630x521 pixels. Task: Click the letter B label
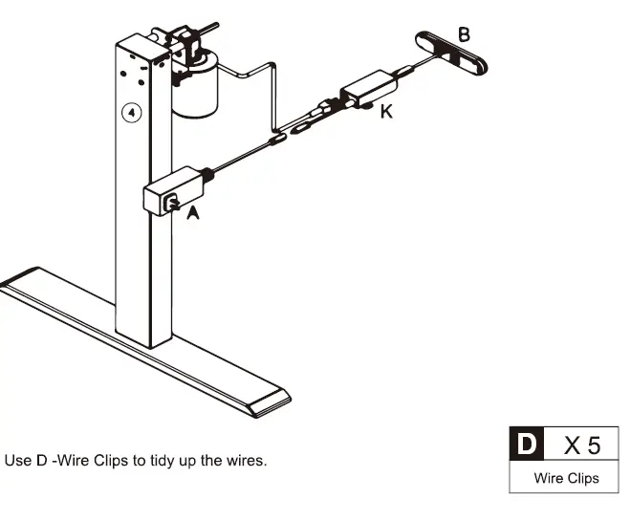pos(464,34)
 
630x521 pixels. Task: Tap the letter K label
pos(386,111)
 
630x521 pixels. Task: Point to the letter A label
pos(193,213)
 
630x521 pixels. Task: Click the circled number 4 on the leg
pos(132,113)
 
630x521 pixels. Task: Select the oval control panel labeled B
pos(451,53)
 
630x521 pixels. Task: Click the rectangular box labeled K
pos(368,89)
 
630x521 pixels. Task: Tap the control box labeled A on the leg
pos(174,191)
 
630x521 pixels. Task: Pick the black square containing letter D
pos(527,444)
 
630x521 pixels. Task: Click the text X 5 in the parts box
pos(582,445)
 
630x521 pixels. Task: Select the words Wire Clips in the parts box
pos(566,478)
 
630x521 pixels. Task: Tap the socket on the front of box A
pos(171,203)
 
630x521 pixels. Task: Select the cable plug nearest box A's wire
pos(278,139)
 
